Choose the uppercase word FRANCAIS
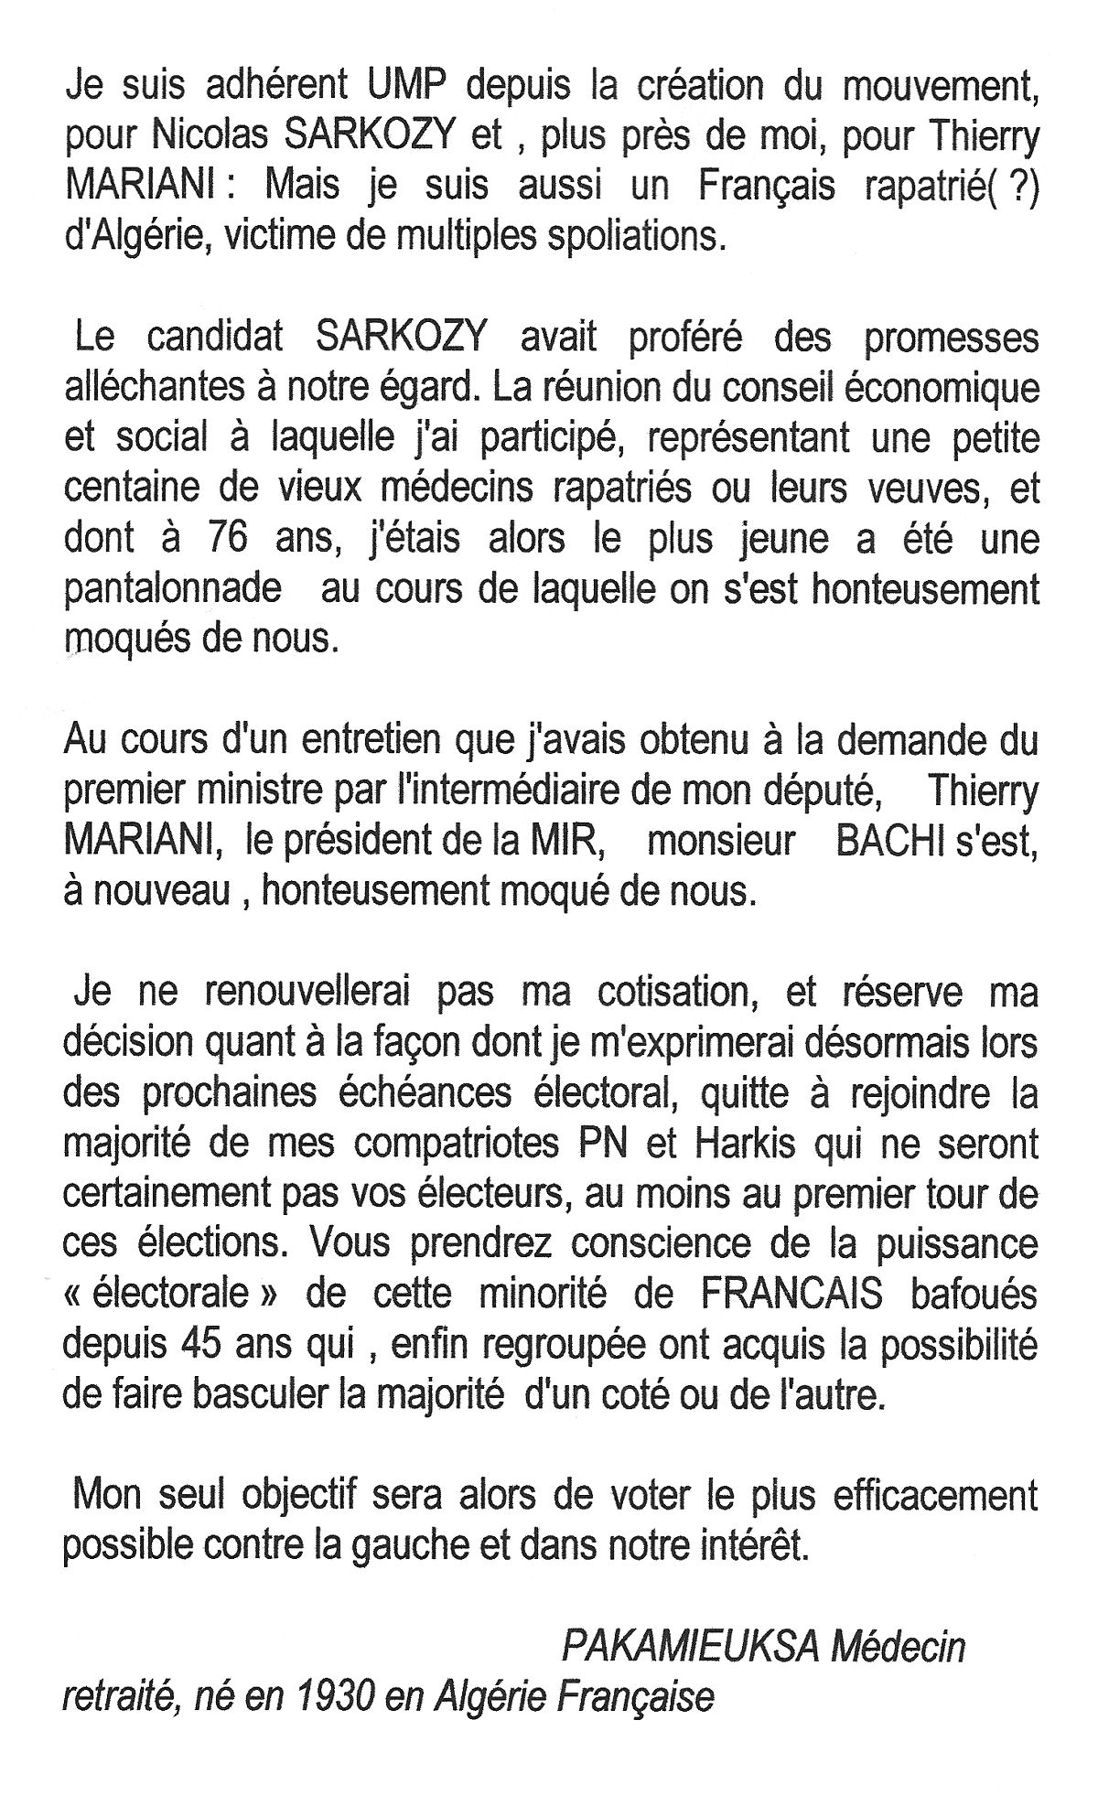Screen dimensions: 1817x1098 click(x=791, y=1295)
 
